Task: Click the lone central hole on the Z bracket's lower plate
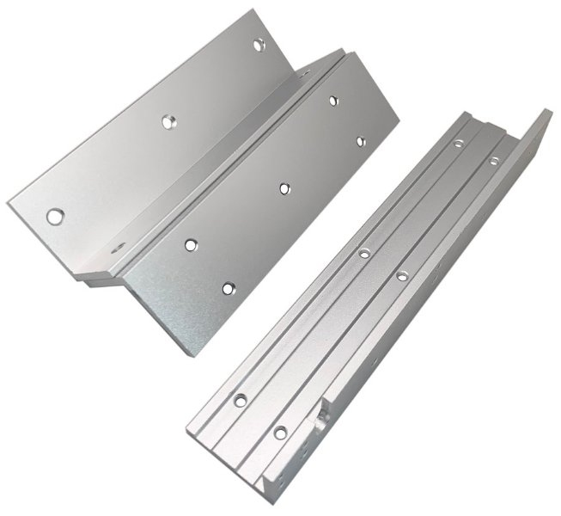pyautogui.click(x=283, y=185)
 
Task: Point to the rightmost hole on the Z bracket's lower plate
pyautogui.click(x=359, y=138)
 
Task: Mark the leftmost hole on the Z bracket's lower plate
pyautogui.click(x=190, y=244)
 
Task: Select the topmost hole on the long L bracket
pyautogui.click(x=459, y=143)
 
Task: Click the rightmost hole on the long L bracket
pyautogui.click(x=493, y=161)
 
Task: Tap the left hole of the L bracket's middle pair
pyautogui.click(x=364, y=253)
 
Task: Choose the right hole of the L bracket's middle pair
pyautogui.click(x=401, y=276)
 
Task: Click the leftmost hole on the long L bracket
pyautogui.click(x=240, y=398)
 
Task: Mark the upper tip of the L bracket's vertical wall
pyautogui.click(x=546, y=112)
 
